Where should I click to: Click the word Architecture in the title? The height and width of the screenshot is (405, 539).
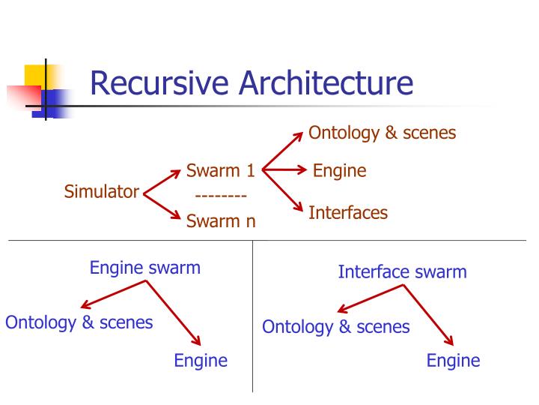pyautogui.click(x=326, y=83)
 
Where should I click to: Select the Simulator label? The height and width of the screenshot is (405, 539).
pyautogui.click(x=102, y=192)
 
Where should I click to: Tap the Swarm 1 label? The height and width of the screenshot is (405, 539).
pyautogui.click(x=221, y=171)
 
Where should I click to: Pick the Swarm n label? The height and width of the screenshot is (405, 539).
pyautogui.click(x=221, y=220)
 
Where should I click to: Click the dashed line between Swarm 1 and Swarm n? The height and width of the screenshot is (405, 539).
pyautogui.click(x=221, y=196)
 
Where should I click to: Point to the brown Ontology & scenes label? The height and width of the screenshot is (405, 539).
pyautogui.click(x=383, y=133)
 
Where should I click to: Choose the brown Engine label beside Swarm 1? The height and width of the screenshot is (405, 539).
pyautogui.click(x=339, y=171)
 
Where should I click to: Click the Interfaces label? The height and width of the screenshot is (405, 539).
pyautogui.click(x=348, y=213)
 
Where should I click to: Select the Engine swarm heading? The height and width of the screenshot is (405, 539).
pyautogui.click(x=145, y=268)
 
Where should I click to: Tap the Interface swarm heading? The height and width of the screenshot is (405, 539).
pyautogui.click(x=402, y=271)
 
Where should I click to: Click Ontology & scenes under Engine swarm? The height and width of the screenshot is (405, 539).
pyautogui.click(x=79, y=322)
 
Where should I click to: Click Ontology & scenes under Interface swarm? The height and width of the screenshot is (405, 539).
pyautogui.click(x=336, y=327)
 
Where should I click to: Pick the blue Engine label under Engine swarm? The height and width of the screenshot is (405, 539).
pyautogui.click(x=201, y=361)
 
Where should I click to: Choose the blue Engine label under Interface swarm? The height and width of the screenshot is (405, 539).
pyautogui.click(x=453, y=361)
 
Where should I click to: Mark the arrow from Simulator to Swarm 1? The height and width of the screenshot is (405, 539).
pyautogui.click(x=162, y=181)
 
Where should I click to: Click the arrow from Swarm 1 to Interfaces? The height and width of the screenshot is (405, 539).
pyautogui.click(x=283, y=190)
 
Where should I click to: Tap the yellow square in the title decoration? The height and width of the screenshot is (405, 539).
pyautogui.click(x=35, y=75)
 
